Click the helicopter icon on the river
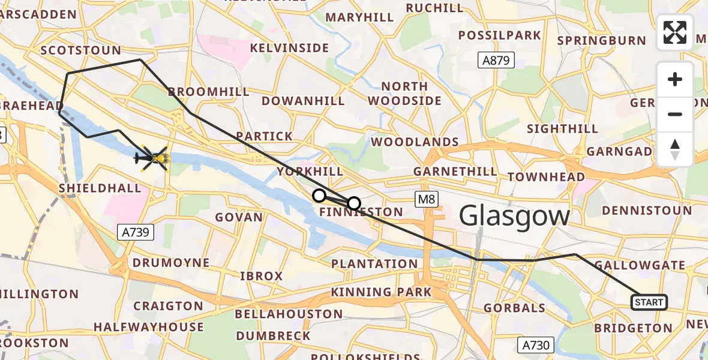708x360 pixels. pyautogui.click(x=151, y=159)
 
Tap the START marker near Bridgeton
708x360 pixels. pyautogui.click(x=649, y=302)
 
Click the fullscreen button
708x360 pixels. pyautogui.click(x=675, y=32)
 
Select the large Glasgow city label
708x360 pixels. pyautogui.click(x=514, y=216)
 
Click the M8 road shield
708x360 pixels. pyautogui.click(x=428, y=199)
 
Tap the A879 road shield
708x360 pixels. pyautogui.click(x=497, y=60)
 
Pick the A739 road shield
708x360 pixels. pyautogui.click(x=137, y=232)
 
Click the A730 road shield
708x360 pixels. pyautogui.click(x=535, y=344)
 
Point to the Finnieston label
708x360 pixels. pyautogui.click(x=361, y=212)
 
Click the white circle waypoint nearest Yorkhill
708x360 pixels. pyautogui.click(x=319, y=196)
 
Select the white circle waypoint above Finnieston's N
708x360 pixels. pyautogui.click(x=354, y=203)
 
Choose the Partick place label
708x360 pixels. pyautogui.click(x=265, y=136)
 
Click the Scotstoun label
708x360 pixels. pyautogui.click(x=81, y=50)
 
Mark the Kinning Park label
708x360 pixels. pyautogui.click(x=382, y=292)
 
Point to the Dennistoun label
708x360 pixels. pyautogui.click(x=647, y=211)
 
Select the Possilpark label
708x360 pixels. pyautogui.click(x=499, y=35)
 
